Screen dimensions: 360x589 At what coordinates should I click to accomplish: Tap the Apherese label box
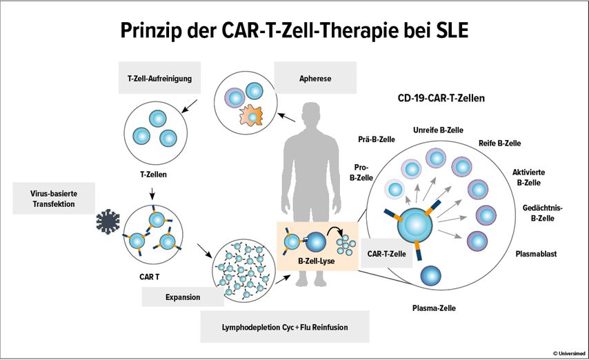pos(315,79)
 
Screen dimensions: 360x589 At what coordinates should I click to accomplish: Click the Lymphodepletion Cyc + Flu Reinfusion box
pos(284,327)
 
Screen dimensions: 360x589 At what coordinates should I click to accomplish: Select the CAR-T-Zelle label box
pos(385,253)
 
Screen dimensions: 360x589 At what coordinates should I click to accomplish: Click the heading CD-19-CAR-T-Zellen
pos(441,98)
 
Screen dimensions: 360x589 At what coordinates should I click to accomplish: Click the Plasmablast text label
pos(536,254)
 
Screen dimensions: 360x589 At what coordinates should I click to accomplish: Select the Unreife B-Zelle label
pos(437,130)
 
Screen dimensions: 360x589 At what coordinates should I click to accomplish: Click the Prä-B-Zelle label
pos(376,139)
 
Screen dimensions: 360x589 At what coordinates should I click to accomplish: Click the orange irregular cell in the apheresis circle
pos(252,117)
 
